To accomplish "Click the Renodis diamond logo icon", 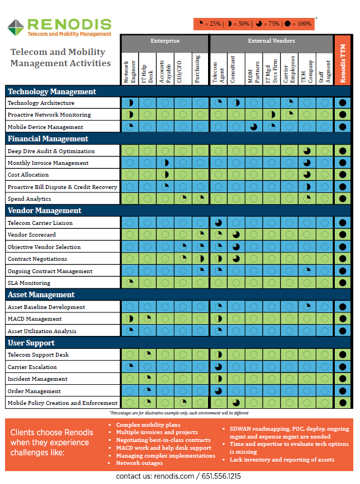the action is [x=16, y=27].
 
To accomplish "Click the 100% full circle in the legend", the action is [x=288, y=24].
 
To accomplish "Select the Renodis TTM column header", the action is [x=343, y=59].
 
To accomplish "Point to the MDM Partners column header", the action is [x=253, y=72].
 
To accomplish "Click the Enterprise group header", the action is [x=165, y=41].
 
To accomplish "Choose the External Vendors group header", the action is [x=271, y=41].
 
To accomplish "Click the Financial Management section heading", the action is [x=48, y=139].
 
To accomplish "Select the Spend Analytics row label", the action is [x=29, y=199].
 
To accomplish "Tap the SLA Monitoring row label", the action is [x=29, y=283].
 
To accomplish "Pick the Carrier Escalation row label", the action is [x=32, y=367].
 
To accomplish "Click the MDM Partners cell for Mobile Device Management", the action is [x=254, y=127].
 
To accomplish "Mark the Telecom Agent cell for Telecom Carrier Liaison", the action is [x=218, y=223].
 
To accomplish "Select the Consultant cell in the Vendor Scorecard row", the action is [x=236, y=234].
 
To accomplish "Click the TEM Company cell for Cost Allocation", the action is [x=307, y=175].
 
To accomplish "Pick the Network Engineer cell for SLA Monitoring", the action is [x=130, y=283].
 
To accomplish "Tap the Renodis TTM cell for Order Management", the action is [x=343, y=391].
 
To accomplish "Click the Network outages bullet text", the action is [x=139, y=463].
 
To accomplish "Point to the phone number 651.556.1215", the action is [x=221, y=476].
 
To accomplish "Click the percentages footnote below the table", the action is [x=179, y=413].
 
